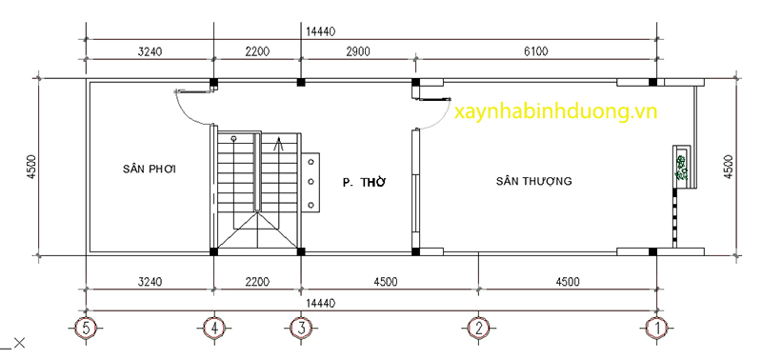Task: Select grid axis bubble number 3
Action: coord(300,328)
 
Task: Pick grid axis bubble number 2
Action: coord(477,328)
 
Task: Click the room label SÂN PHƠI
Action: coord(150,170)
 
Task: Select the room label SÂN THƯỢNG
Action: coord(533,181)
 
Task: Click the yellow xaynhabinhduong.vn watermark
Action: coord(557,112)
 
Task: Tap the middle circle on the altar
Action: coord(311,181)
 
